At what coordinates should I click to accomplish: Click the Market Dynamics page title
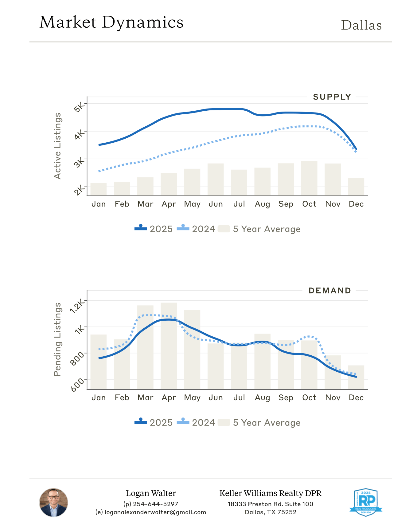(111, 22)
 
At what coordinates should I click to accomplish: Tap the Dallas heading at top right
(361, 26)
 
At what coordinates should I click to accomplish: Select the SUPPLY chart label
(332, 97)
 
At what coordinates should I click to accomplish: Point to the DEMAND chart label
(330, 291)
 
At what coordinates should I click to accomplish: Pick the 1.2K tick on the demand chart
(77, 306)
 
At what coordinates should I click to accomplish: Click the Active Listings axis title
(57, 146)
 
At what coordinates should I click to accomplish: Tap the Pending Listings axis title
(57, 339)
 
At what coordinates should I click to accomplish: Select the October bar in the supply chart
(309, 178)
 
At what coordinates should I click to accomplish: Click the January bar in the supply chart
(99, 189)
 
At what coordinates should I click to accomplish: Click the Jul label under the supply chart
(239, 204)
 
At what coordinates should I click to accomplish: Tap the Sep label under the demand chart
(286, 398)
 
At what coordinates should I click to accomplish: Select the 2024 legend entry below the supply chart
(197, 229)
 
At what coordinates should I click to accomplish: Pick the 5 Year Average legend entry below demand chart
(259, 423)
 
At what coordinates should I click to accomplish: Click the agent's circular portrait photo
(53, 503)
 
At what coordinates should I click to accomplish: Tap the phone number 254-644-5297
(155, 504)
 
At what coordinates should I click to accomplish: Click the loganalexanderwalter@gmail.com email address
(155, 512)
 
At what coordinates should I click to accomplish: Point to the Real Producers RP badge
(366, 502)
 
